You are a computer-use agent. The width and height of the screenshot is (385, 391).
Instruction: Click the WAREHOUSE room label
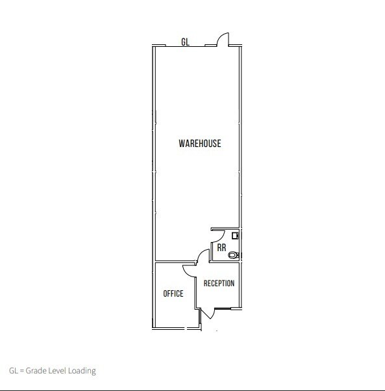199,143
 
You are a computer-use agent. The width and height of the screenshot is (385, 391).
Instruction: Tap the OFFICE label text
173,293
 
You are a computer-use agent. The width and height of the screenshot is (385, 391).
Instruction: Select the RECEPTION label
219,283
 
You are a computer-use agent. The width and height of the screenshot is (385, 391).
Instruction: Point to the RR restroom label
221,248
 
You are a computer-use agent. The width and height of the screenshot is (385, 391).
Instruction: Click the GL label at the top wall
185,42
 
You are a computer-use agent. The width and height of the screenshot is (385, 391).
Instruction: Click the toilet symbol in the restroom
234,254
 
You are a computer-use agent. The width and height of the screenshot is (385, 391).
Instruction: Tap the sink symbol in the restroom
236,238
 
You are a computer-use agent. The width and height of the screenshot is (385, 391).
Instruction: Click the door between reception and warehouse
202,256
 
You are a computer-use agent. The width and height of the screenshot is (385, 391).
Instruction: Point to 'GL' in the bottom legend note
13,371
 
